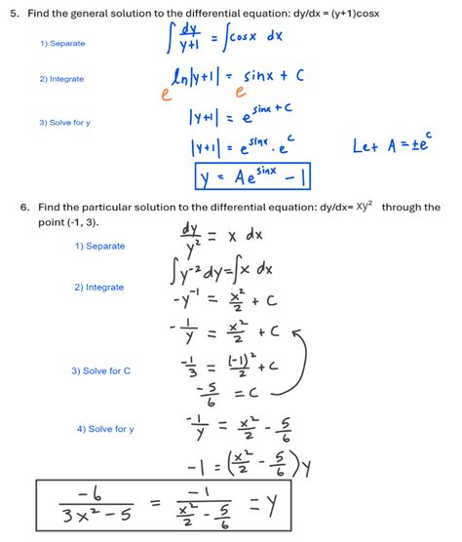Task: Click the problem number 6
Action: [x=22, y=208]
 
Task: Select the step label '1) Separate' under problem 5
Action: [x=62, y=44]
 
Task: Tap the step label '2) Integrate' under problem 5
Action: [x=62, y=79]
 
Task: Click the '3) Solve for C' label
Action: [x=101, y=370]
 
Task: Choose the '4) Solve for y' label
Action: [x=105, y=429]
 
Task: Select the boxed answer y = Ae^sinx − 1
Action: [x=251, y=176]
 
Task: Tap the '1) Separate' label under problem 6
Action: [x=100, y=246]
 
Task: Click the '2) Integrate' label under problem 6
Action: [x=99, y=288]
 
